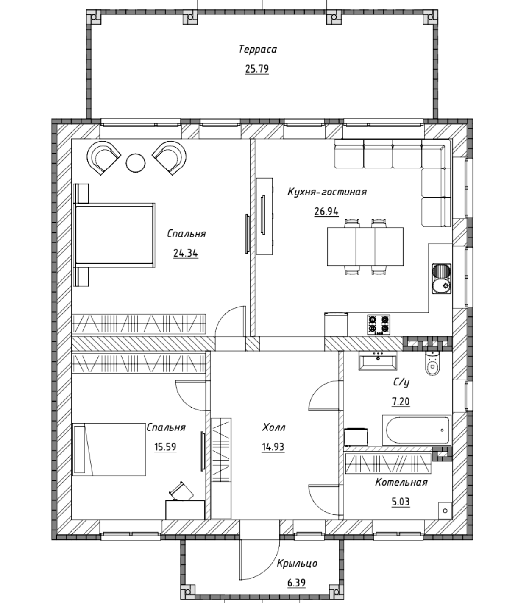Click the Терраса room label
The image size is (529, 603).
pos(257,50)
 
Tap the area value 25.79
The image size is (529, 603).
pos(257,69)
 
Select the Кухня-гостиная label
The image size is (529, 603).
pos(327,192)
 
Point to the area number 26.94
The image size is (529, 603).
pos(326,212)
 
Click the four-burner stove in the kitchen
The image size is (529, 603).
pos(379,324)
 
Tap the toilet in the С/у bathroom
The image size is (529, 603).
pos(432,363)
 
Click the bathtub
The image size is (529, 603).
pos(417,430)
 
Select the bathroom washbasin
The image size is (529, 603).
pos(378,361)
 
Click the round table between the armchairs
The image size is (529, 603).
pos(135,163)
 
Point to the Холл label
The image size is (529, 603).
pos(274,428)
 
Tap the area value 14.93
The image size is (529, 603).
pos(273,447)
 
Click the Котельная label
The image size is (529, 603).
pos(401,483)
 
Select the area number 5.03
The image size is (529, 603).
pos(401,502)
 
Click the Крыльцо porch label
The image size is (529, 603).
pos(297,564)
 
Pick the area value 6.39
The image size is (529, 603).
pos(296,583)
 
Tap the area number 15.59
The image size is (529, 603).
pos(165,447)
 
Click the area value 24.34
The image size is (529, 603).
pos(186,253)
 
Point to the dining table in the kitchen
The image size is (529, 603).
pos(365,247)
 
